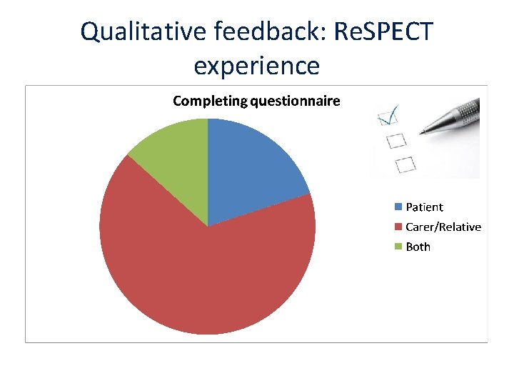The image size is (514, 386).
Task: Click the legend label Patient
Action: pyautogui.click(x=424, y=207)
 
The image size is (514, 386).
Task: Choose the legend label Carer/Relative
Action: pyautogui.click(x=443, y=227)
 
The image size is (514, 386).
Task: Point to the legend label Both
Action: pyautogui.click(x=418, y=247)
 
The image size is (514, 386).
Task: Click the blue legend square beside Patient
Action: pyautogui.click(x=398, y=207)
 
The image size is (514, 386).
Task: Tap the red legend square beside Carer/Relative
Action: pyautogui.click(x=398, y=227)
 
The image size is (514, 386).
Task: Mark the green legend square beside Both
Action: pyautogui.click(x=398, y=247)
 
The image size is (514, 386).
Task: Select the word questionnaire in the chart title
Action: pyautogui.click(x=295, y=101)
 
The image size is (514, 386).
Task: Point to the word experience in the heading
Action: pyautogui.click(x=256, y=66)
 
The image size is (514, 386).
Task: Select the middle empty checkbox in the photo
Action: pyautogui.click(x=395, y=140)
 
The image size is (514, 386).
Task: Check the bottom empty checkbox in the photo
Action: pyautogui.click(x=405, y=164)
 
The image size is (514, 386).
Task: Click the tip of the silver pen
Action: pyautogui.click(x=423, y=132)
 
